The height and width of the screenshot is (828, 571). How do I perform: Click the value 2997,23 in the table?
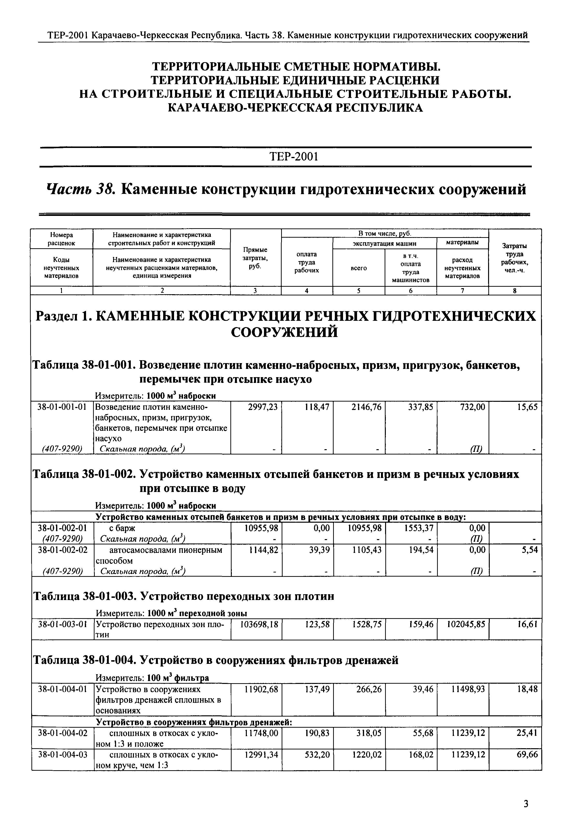pos(263,407)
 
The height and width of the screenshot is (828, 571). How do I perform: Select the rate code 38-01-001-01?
pos(62,407)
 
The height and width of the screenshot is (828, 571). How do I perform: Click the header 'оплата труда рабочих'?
pos(307,262)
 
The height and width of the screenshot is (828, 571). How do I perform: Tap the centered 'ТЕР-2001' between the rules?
pos(285,157)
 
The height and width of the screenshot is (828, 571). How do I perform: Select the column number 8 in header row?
pos(514,291)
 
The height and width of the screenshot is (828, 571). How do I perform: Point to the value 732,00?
pos(473,407)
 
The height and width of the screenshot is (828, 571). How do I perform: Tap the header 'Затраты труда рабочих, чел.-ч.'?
pos(514,258)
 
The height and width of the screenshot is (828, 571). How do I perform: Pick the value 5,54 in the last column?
pos(529,550)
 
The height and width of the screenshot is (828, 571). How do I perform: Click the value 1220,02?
pos(368,755)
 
